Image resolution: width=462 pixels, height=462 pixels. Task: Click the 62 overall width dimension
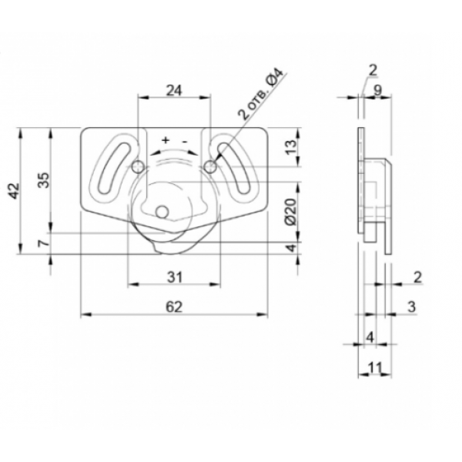coord(174,306)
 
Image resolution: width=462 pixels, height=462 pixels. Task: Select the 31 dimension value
coord(175,277)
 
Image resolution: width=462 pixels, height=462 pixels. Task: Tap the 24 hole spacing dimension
coord(174,90)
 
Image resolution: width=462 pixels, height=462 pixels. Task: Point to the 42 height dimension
coord(14,191)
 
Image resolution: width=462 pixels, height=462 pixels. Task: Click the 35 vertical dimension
coord(44,180)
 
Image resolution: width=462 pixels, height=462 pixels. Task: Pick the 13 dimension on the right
coord(291,147)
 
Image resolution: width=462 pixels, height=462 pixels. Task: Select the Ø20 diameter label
coord(291,212)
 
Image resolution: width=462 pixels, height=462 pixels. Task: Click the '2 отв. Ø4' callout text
coord(260,94)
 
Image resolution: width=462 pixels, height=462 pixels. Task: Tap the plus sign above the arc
coord(166,139)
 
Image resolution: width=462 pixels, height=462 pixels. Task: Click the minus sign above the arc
coord(185,142)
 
